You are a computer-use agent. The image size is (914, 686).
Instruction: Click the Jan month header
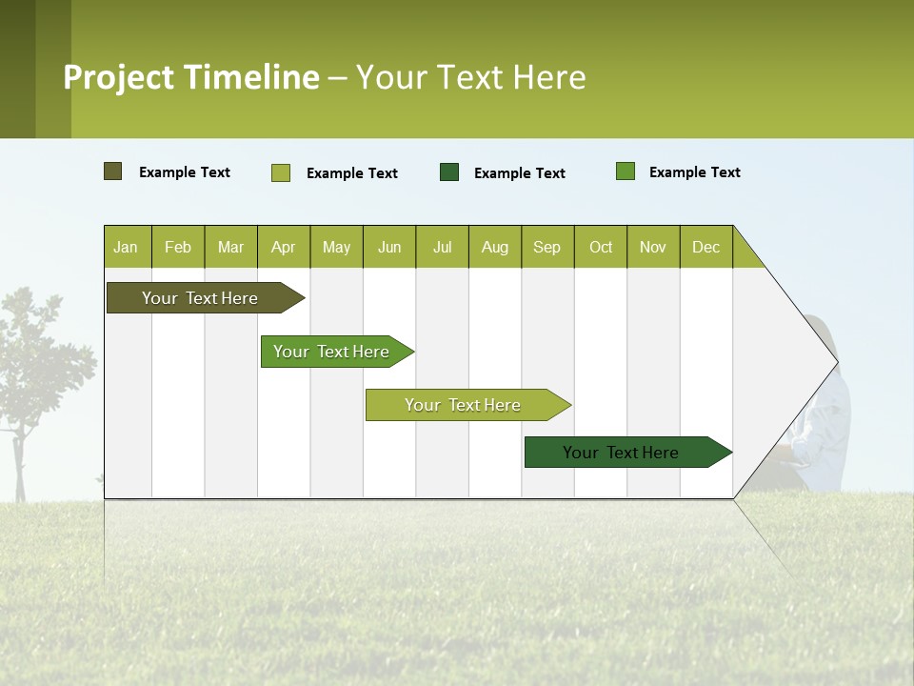pos(126,247)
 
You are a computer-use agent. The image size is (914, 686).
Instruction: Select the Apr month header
pos(284,247)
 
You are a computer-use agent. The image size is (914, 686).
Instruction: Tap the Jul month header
pos(442,247)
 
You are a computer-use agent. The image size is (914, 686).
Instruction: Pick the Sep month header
pos(546,247)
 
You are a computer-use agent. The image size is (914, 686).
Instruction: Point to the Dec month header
pos(705,247)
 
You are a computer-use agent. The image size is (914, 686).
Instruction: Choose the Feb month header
pos(178,247)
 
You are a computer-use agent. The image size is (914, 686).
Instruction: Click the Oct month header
pos(601,247)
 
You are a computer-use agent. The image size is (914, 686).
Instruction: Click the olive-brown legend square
pos(113,171)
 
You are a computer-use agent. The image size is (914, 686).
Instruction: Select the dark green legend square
pos(449,171)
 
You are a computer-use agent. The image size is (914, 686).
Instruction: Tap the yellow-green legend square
pos(281,172)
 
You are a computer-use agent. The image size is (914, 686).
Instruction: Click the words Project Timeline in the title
pos(191,77)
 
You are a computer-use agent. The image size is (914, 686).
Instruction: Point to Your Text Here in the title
pos(470,77)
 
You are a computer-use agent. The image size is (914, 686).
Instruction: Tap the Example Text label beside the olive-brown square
pos(185,172)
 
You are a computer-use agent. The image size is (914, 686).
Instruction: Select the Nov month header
pos(653,247)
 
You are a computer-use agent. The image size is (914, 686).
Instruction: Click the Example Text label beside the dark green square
pos(520,173)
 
